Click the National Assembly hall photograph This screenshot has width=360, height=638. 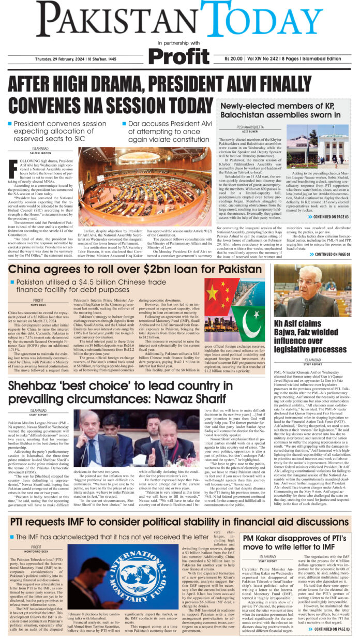click(x=144, y=177)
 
